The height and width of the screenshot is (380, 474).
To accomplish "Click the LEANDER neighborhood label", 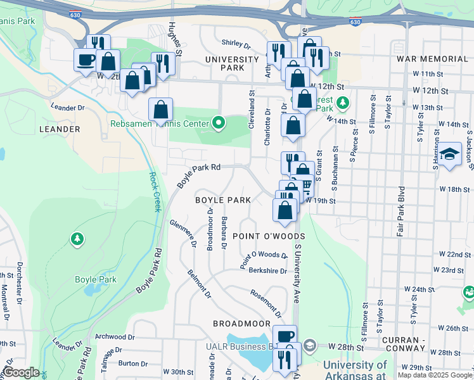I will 60,129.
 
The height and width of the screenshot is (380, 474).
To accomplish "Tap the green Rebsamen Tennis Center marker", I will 219,123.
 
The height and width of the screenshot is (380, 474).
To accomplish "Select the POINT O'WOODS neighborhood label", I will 269,236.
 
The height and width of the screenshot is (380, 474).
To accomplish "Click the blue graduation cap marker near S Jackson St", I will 450,155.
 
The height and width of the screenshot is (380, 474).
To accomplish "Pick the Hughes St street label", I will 176,38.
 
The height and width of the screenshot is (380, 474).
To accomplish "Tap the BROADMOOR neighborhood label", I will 241,324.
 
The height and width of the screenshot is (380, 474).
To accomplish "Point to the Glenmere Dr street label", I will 183,235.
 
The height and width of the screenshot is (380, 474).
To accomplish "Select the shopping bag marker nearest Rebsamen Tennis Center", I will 161,110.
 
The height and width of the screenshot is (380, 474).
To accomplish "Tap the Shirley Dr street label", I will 236,43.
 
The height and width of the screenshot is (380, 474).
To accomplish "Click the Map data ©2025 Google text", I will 435,375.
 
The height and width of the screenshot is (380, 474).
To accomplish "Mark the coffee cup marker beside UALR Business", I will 285,336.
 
